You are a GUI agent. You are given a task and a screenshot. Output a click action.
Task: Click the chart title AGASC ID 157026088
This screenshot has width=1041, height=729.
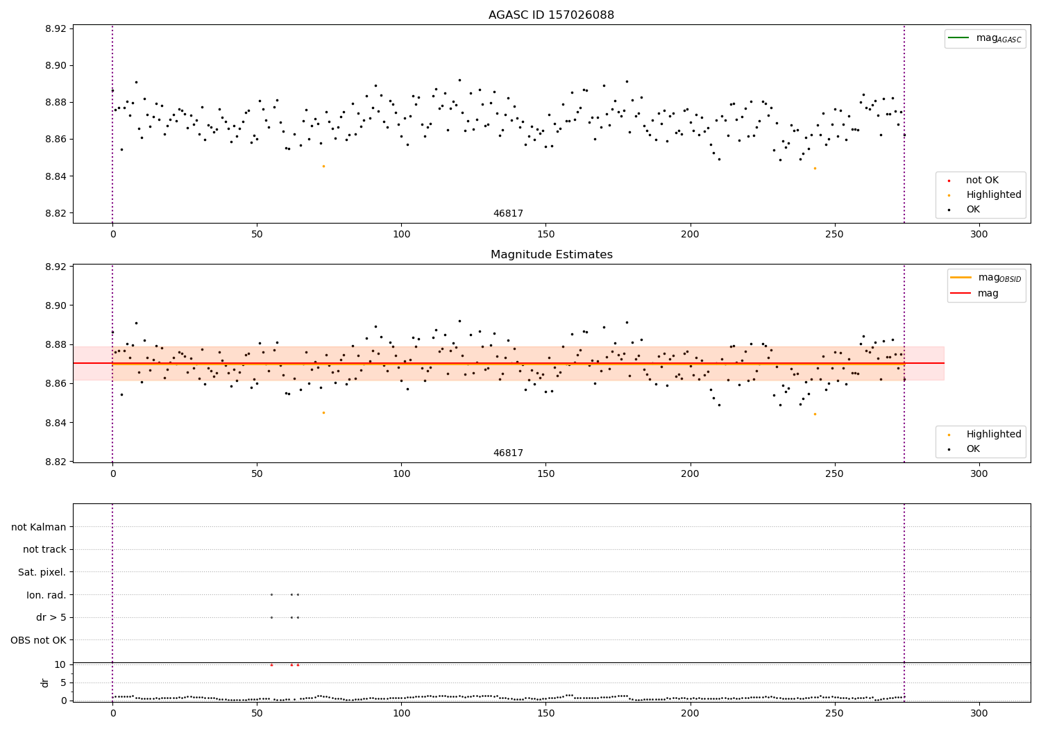551,15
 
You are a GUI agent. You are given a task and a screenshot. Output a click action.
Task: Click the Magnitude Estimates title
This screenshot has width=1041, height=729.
551,255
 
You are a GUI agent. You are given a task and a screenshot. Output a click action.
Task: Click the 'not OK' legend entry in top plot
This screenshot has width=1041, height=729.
982,181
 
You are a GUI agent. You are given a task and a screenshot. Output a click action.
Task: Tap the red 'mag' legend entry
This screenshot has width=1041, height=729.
988,294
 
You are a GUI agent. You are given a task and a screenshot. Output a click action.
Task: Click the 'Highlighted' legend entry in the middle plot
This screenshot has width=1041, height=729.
993,435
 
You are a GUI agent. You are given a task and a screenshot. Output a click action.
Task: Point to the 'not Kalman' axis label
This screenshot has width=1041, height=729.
39,527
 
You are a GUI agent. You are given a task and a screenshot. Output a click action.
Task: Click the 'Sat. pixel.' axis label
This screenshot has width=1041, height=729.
42,572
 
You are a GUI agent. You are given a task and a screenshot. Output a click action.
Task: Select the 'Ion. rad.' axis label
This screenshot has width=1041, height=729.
46,595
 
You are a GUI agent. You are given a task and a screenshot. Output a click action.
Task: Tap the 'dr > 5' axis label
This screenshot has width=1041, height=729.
51,617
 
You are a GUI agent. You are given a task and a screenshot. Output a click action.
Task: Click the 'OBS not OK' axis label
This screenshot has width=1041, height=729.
39,640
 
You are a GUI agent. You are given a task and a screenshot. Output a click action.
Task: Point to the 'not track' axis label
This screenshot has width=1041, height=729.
44,549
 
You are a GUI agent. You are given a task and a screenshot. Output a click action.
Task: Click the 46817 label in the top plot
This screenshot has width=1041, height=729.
508,214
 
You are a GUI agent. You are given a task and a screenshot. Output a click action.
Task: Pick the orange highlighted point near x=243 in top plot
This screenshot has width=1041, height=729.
815,168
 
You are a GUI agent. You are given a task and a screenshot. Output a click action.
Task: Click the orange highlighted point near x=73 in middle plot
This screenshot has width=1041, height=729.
323,412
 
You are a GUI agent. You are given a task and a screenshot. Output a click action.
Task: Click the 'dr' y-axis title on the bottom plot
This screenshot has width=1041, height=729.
45,682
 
